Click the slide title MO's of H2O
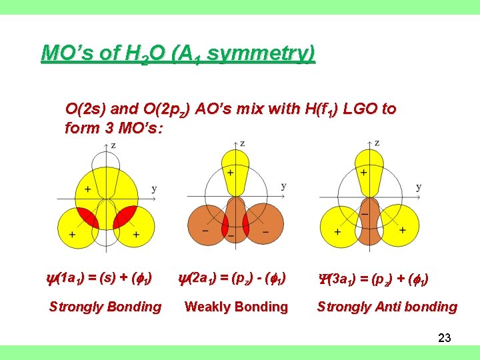(178, 53)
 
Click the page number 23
(445, 338)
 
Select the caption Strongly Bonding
(105, 307)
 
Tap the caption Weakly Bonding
(236, 307)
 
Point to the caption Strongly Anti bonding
(387, 307)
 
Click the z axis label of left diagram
(113, 145)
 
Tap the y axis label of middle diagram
(283, 186)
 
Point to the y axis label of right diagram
(418, 187)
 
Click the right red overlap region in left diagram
(126, 216)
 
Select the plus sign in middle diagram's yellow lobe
(229, 173)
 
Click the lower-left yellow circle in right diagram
(339, 229)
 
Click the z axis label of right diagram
(377, 143)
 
